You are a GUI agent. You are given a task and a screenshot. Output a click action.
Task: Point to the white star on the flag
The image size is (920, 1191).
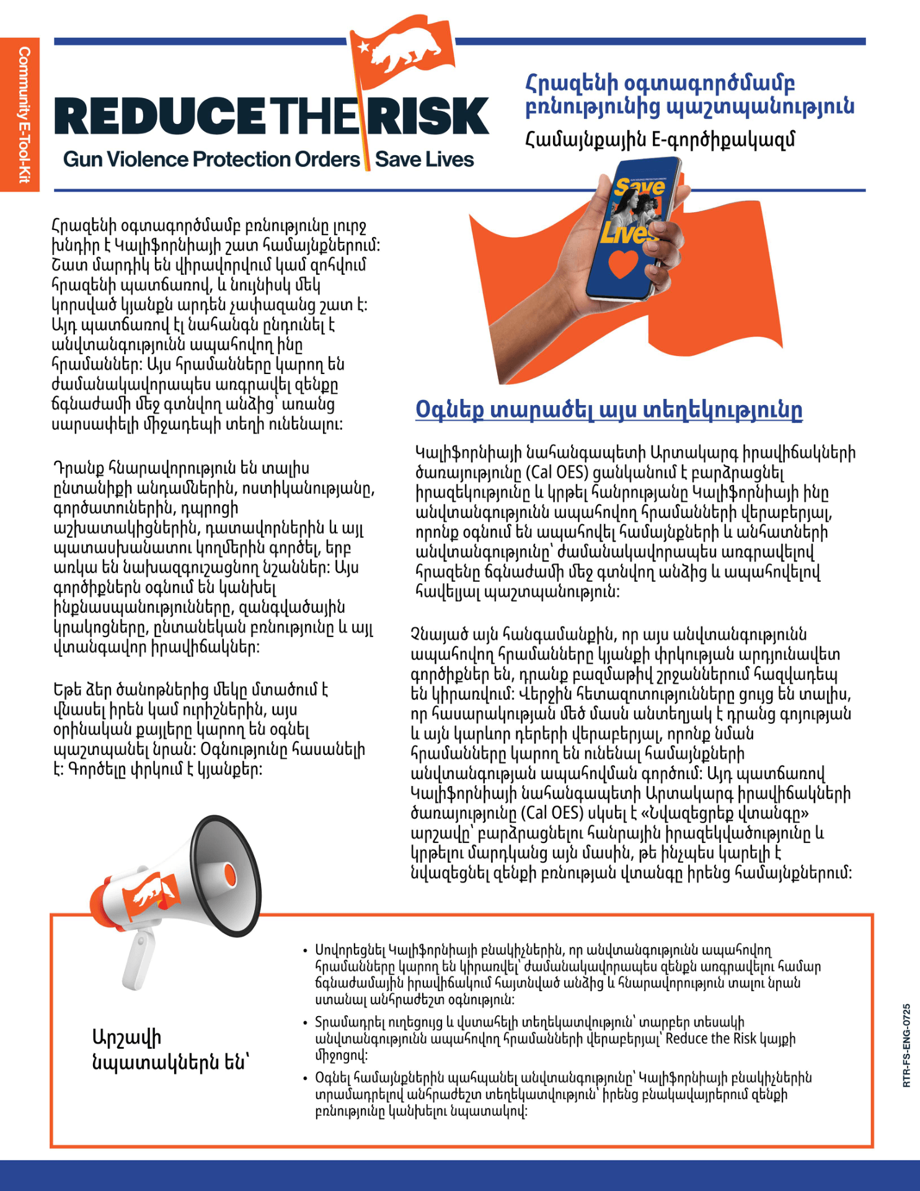click(363, 45)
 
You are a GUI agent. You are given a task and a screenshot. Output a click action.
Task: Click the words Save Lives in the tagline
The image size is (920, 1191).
click(425, 160)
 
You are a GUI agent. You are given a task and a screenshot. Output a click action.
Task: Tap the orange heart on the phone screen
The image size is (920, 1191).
click(622, 263)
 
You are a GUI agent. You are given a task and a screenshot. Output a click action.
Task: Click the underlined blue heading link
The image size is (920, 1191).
click(609, 410)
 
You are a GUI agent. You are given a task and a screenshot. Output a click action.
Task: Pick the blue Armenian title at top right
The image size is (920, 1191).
click(689, 95)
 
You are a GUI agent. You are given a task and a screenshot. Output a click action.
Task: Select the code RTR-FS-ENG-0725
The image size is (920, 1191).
click(906, 1045)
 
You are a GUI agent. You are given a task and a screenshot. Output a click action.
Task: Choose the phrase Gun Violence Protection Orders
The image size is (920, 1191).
click(211, 160)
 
